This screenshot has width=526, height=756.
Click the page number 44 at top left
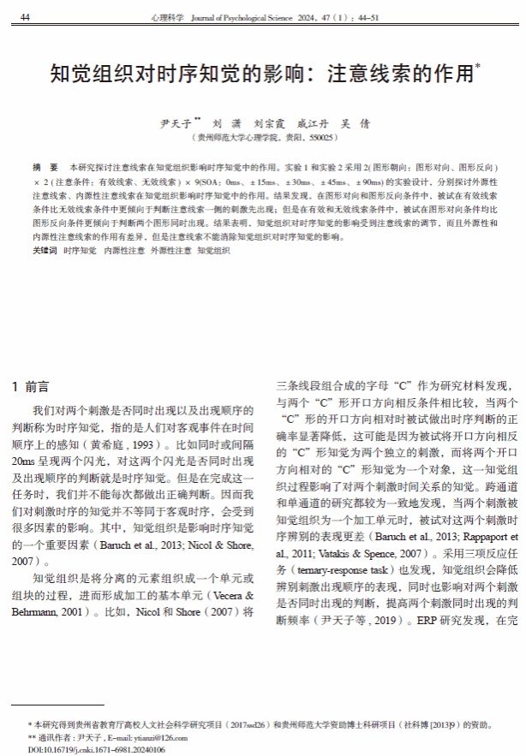(x=26, y=17)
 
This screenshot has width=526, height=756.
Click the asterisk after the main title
(x=477, y=65)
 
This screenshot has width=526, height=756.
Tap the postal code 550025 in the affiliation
(x=321, y=137)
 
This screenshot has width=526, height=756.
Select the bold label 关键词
(x=45, y=251)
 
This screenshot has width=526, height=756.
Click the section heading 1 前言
(x=31, y=386)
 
